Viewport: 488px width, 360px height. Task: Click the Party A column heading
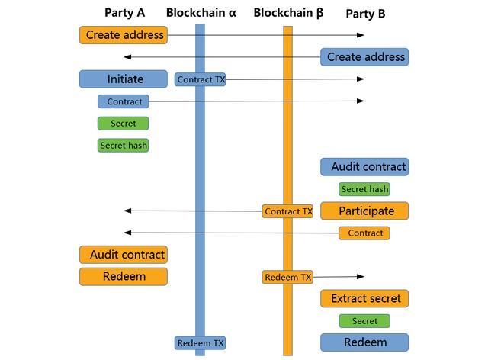click(124, 13)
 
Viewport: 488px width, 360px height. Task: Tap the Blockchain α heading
click(201, 13)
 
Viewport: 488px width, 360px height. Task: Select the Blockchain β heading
click(288, 13)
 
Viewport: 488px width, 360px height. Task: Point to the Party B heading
click(365, 14)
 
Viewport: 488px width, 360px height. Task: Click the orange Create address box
click(124, 35)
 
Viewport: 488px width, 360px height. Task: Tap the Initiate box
click(124, 79)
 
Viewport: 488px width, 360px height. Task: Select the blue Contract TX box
click(201, 79)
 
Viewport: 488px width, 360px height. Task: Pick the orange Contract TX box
click(288, 211)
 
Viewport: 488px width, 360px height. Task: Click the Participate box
click(364, 211)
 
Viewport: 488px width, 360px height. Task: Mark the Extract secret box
click(364, 298)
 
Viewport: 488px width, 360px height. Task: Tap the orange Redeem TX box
click(288, 278)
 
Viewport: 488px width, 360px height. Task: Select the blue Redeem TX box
click(201, 343)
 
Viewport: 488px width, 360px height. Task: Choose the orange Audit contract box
click(124, 255)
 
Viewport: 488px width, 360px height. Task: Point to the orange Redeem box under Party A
click(124, 276)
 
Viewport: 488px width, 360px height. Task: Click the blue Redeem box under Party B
click(364, 342)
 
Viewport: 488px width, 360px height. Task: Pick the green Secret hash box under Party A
click(124, 146)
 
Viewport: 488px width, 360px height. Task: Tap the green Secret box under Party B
click(364, 321)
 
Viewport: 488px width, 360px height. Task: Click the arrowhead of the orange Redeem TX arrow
click(361, 277)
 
